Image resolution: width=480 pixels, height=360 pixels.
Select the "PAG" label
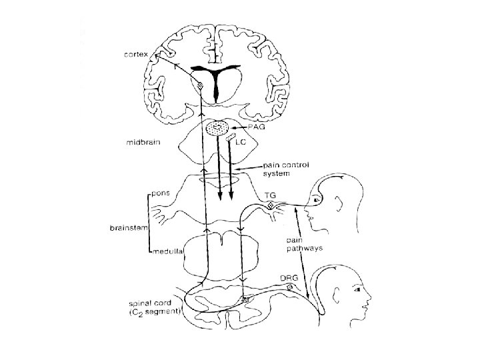[255, 127]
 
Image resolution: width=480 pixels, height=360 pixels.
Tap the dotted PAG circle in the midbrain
[217, 128]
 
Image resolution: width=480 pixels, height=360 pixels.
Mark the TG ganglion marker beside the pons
[270, 207]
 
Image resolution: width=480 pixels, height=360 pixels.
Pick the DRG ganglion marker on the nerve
[289, 287]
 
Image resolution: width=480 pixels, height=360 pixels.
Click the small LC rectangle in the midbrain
[231, 138]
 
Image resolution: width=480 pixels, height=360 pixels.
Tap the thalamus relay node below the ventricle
[199, 85]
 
